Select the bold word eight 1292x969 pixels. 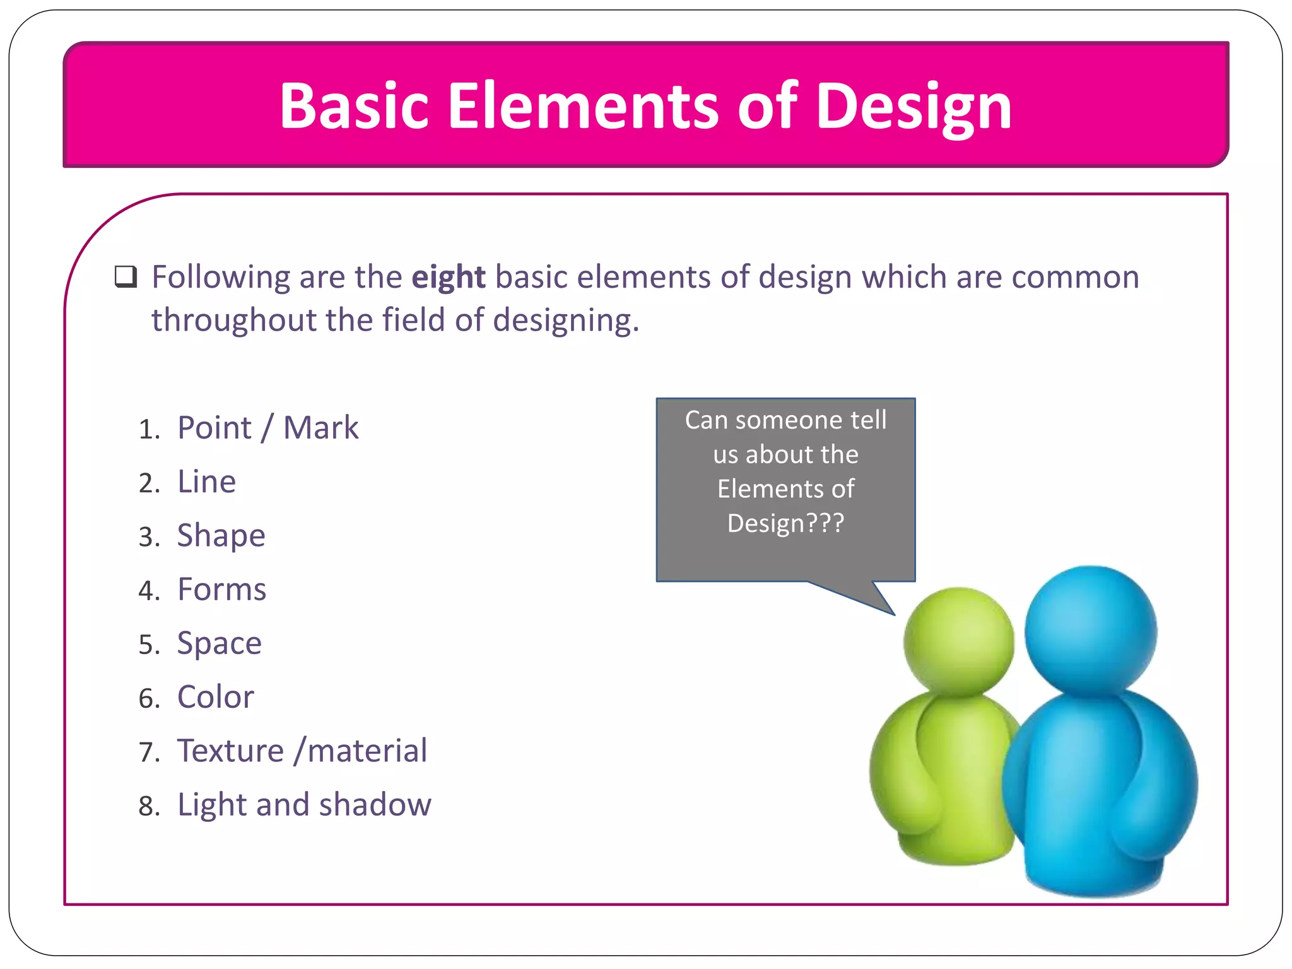[x=449, y=278]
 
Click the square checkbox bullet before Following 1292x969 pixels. [x=126, y=277]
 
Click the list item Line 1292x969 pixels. [x=206, y=482]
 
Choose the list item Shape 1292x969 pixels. [x=221, y=536]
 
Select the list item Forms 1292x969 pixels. [x=221, y=590]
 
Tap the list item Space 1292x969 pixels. [x=219, y=644]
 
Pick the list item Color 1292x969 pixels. [x=215, y=698]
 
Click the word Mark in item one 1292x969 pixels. [x=320, y=428]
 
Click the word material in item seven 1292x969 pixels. [x=367, y=751]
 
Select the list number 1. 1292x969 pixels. [x=147, y=430]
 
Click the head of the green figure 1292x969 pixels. [x=958, y=640]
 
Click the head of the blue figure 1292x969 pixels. [x=1090, y=629]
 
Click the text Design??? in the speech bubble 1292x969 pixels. [x=785, y=524]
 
